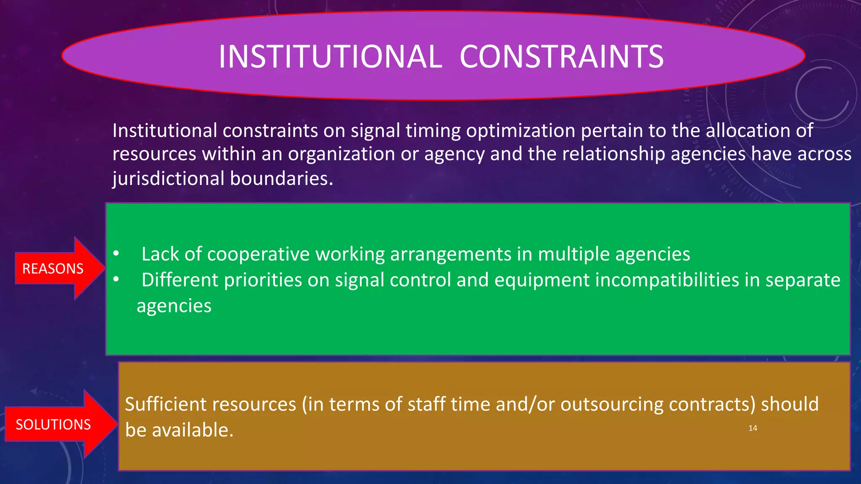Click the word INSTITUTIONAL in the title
(330, 57)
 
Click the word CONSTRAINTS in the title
(561, 57)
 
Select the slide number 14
(753, 428)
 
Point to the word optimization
(520, 131)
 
